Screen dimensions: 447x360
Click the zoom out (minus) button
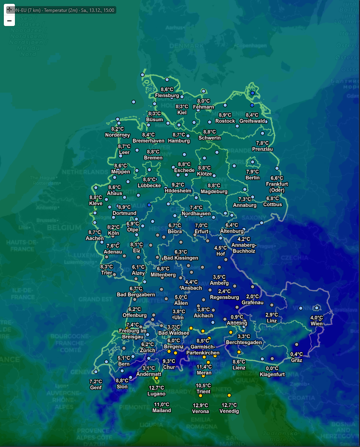click(x=9, y=21)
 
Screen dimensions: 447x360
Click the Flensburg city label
click(x=167, y=95)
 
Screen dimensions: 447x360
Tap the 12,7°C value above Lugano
click(x=156, y=388)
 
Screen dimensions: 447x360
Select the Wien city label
click(x=316, y=323)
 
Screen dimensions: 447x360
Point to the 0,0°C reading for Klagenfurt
click(x=272, y=368)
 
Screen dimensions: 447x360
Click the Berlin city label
click(x=252, y=178)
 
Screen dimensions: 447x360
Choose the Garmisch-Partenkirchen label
click(x=203, y=350)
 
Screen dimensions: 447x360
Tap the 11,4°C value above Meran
click(x=204, y=367)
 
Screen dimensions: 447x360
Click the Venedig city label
click(x=229, y=411)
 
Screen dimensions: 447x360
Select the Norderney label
click(x=117, y=135)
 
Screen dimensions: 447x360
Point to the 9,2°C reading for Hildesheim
click(x=178, y=185)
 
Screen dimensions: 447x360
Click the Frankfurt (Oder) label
click(x=277, y=187)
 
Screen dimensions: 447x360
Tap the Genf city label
click(x=96, y=387)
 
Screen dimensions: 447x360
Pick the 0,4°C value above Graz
click(x=296, y=354)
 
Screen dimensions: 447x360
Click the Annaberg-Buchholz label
click(x=244, y=248)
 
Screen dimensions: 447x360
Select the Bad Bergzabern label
click(x=136, y=294)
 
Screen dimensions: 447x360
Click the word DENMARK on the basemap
click(x=186, y=46)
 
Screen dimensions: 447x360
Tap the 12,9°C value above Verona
click(x=200, y=405)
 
